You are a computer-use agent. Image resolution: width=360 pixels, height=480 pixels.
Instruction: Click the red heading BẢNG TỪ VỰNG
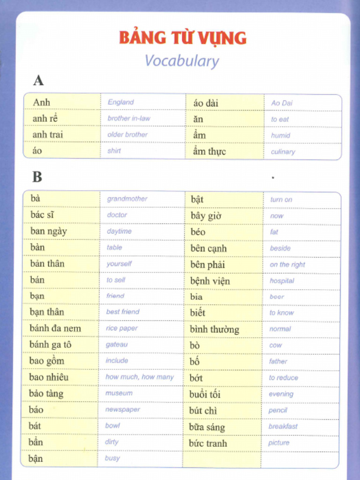pos(183,37)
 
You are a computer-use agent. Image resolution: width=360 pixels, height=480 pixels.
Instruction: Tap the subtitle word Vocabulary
pos(181,61)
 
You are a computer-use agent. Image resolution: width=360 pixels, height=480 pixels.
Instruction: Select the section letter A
pos(38,81)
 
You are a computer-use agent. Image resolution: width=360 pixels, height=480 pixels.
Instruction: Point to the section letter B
pos(37,177)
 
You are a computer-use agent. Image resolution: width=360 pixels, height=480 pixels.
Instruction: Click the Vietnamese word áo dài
pos(205,103)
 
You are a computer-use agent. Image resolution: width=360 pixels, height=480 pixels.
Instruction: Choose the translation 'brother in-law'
pos(129,118)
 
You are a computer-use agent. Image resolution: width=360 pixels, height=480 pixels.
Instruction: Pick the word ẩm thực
pos(209,151)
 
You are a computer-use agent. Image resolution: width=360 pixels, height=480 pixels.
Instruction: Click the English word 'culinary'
pos(283,152)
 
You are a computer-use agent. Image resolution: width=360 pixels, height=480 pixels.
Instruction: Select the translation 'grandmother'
pos(127,199)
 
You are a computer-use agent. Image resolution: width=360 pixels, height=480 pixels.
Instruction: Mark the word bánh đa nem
pos(55,328)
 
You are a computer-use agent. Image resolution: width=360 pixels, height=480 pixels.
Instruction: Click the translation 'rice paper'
pos(122,328)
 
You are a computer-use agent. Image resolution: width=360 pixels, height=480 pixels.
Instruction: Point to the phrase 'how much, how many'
pos(140,377)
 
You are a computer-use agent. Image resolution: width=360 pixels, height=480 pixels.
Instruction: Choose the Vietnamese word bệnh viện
pos(210,281)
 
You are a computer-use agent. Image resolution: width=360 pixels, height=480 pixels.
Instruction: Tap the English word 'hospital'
pos(282,281)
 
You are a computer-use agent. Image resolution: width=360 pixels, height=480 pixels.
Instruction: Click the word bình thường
pos(214,329)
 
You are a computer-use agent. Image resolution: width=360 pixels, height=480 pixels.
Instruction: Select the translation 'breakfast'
pos(283,426)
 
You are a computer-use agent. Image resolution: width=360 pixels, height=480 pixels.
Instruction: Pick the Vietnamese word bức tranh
pos(208,443)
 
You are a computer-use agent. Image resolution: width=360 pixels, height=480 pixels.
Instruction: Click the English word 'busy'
pos(112,458)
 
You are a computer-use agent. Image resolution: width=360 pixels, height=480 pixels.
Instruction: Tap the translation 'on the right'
pos(287,264)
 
